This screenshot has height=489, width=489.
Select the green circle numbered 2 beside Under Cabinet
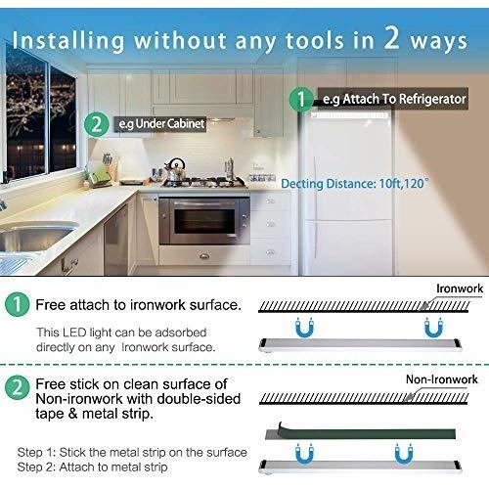pos(95,124)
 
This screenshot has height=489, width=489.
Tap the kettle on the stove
pos(177,168)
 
